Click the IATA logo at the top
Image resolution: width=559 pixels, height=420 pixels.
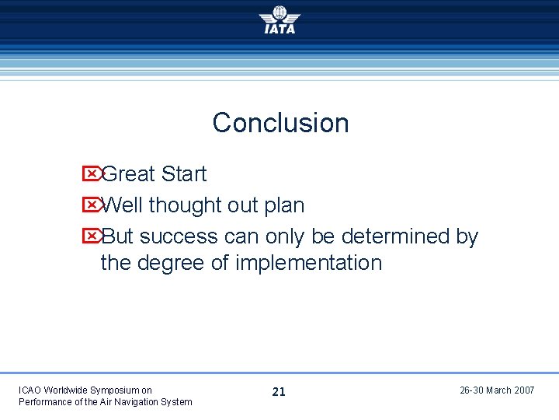[279, 20]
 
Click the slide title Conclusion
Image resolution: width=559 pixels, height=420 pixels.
[280, 123]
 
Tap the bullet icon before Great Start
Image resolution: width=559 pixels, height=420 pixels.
[91, 173]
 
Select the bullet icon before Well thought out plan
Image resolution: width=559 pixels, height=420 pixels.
[91, 205]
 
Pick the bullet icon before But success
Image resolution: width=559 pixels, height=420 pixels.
[91, 236]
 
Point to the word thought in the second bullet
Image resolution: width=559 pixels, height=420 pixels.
[185, 205]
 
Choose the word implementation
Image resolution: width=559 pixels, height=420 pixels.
[308, 263]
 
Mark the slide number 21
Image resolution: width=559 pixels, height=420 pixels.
[279, 392]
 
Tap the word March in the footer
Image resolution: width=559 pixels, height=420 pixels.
[498, 390]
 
